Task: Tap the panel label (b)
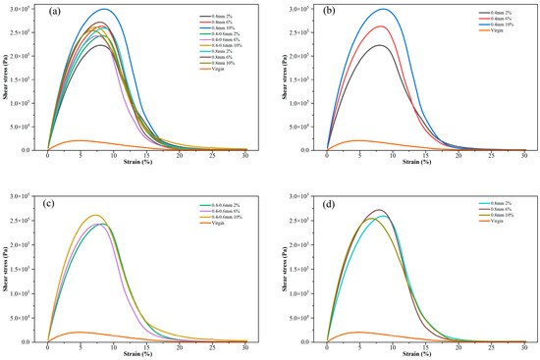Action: [x=337, y=13]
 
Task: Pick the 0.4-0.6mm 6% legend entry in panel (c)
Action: [x=217, y=210]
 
